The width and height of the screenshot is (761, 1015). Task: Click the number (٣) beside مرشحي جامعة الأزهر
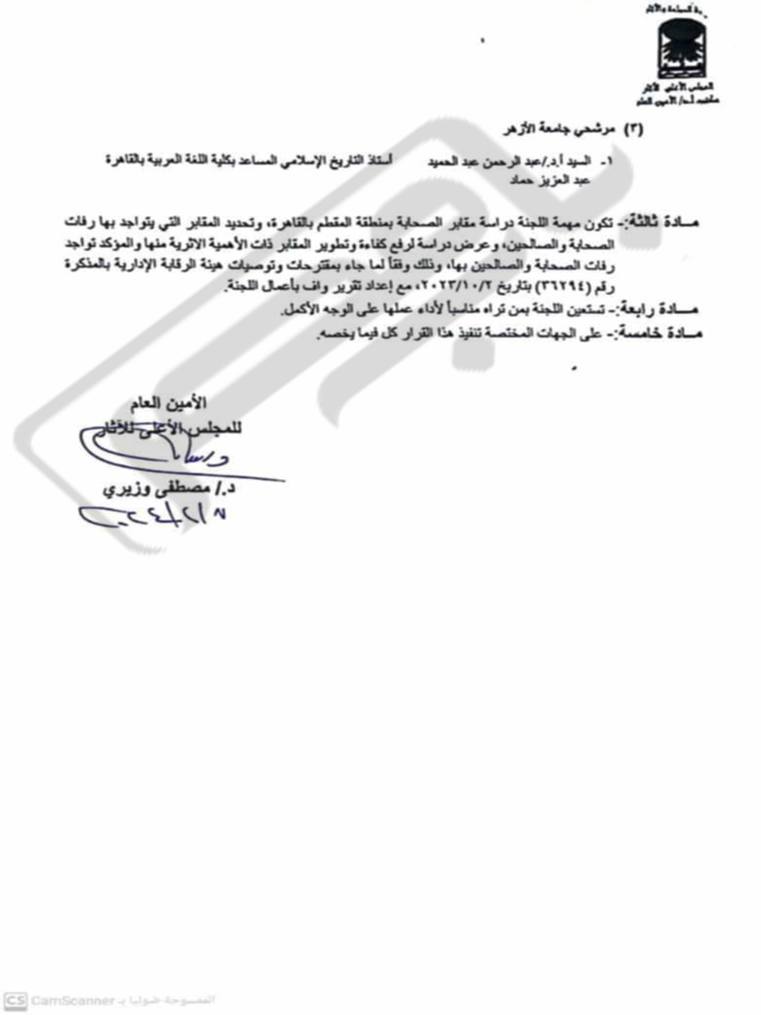634,129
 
